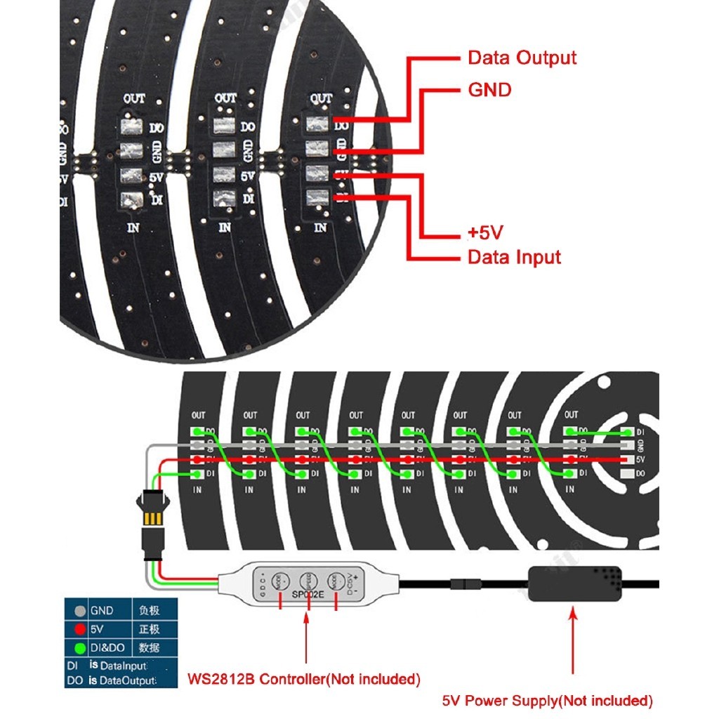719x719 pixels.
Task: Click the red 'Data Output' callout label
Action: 522,58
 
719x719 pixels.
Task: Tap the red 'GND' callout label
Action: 489,90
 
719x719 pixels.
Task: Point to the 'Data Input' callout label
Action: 515,257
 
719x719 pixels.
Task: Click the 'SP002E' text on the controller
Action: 308,595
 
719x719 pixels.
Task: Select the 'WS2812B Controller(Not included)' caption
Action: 305,679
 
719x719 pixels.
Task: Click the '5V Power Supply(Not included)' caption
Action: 548,700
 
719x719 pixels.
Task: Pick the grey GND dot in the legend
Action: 80,611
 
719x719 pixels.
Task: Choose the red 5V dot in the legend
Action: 80,629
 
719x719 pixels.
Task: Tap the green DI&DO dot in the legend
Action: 80,647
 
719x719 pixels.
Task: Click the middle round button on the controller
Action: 307,581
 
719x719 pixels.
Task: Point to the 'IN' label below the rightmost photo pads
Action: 320,227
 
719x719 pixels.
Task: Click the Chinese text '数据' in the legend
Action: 150,647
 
